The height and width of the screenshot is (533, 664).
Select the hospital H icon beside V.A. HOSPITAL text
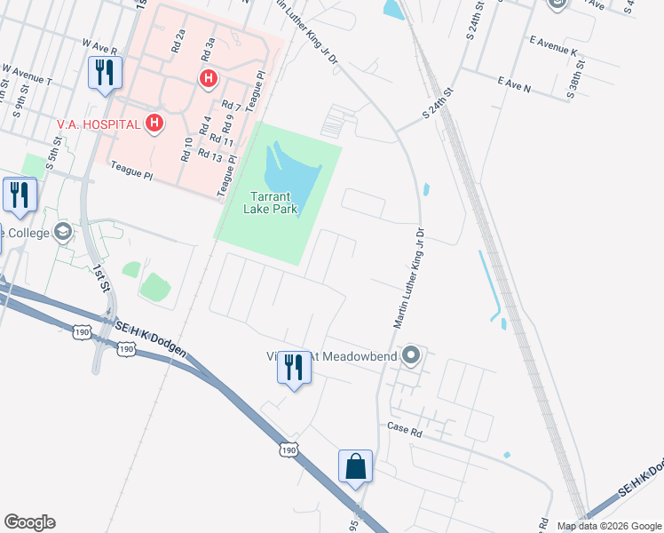(155, 123)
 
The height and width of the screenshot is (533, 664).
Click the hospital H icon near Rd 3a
(208, 79)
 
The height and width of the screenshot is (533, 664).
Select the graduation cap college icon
(62, 233)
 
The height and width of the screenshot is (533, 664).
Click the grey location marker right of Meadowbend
(410, 356)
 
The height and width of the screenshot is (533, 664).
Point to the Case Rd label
(402, 426)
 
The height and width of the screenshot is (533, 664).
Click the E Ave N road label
(515, 87)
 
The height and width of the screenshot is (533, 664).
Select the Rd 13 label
(209, 155)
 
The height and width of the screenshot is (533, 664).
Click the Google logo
(29, 522)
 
